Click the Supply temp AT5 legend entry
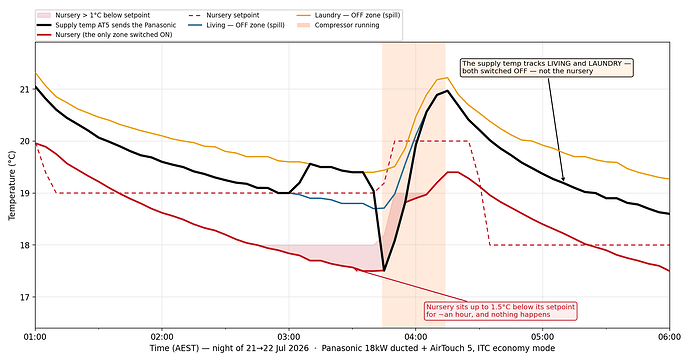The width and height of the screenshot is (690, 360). [107, 25]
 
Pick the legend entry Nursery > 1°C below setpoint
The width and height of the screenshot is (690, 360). [94, 15]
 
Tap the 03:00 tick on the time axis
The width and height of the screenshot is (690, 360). [289, 337]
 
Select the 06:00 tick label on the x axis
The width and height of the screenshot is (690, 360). [669, 337]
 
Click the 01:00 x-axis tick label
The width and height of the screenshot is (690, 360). [35, 337]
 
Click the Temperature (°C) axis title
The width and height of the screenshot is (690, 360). [11, 185]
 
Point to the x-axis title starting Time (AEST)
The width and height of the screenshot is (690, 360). [352, 348]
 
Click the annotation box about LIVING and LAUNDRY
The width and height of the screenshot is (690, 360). [547, 67]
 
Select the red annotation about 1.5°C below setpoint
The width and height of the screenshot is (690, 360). [500, 311]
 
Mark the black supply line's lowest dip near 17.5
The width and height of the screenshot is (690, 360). [384, 271]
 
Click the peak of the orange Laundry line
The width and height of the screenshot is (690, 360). [447, 78]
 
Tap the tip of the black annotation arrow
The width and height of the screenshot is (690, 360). [564, 181]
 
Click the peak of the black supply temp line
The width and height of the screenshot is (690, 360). [447, 91]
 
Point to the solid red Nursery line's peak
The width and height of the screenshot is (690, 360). [452, 172]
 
